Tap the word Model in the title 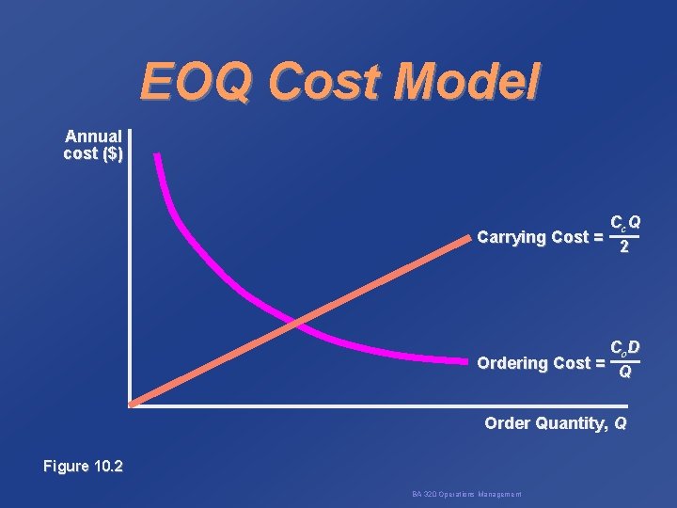[467, 83]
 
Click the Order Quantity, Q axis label [555, 423]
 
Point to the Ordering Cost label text [533, 363]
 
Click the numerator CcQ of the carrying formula [625, 223]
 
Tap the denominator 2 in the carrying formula [624, 247]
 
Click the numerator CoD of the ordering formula [625, 348]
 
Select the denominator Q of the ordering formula [624, 373]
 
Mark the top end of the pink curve [157, 155]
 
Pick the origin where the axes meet [132, 405]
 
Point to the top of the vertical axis [132, 130]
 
